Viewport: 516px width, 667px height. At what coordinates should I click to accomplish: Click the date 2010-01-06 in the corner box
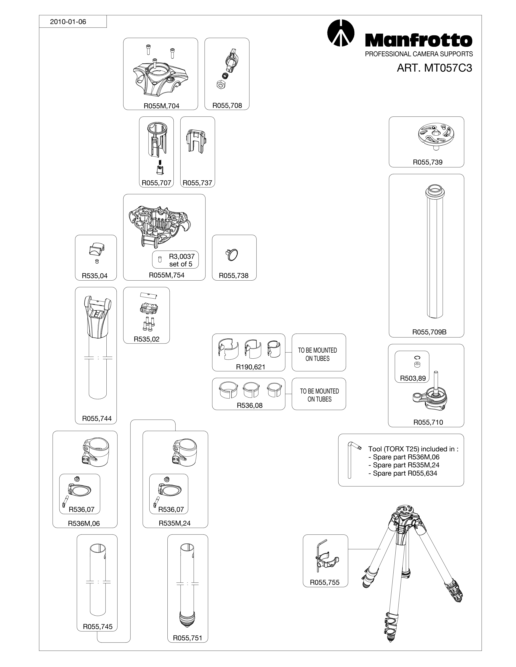(x=68, y=22)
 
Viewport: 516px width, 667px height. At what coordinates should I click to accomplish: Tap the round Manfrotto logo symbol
(x=341, y=33)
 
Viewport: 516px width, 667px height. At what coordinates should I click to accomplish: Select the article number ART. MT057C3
(x=434, y=68)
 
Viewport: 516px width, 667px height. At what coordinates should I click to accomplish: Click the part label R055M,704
(x=161, y=106)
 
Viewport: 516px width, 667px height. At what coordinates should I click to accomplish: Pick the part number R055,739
(x=428, y=162)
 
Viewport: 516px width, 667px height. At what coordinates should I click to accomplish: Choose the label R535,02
(x=146, y=339)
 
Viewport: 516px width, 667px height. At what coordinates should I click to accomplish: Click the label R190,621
(x=250, y=367)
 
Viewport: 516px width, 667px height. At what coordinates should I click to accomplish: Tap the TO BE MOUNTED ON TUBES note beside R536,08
(x=319, y=395)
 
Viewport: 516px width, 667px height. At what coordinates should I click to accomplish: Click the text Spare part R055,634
(x=405, y=473)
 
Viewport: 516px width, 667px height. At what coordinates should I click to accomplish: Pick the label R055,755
(x=325, y=583)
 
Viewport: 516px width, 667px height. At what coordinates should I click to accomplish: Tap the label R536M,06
(x=84, y=523)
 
